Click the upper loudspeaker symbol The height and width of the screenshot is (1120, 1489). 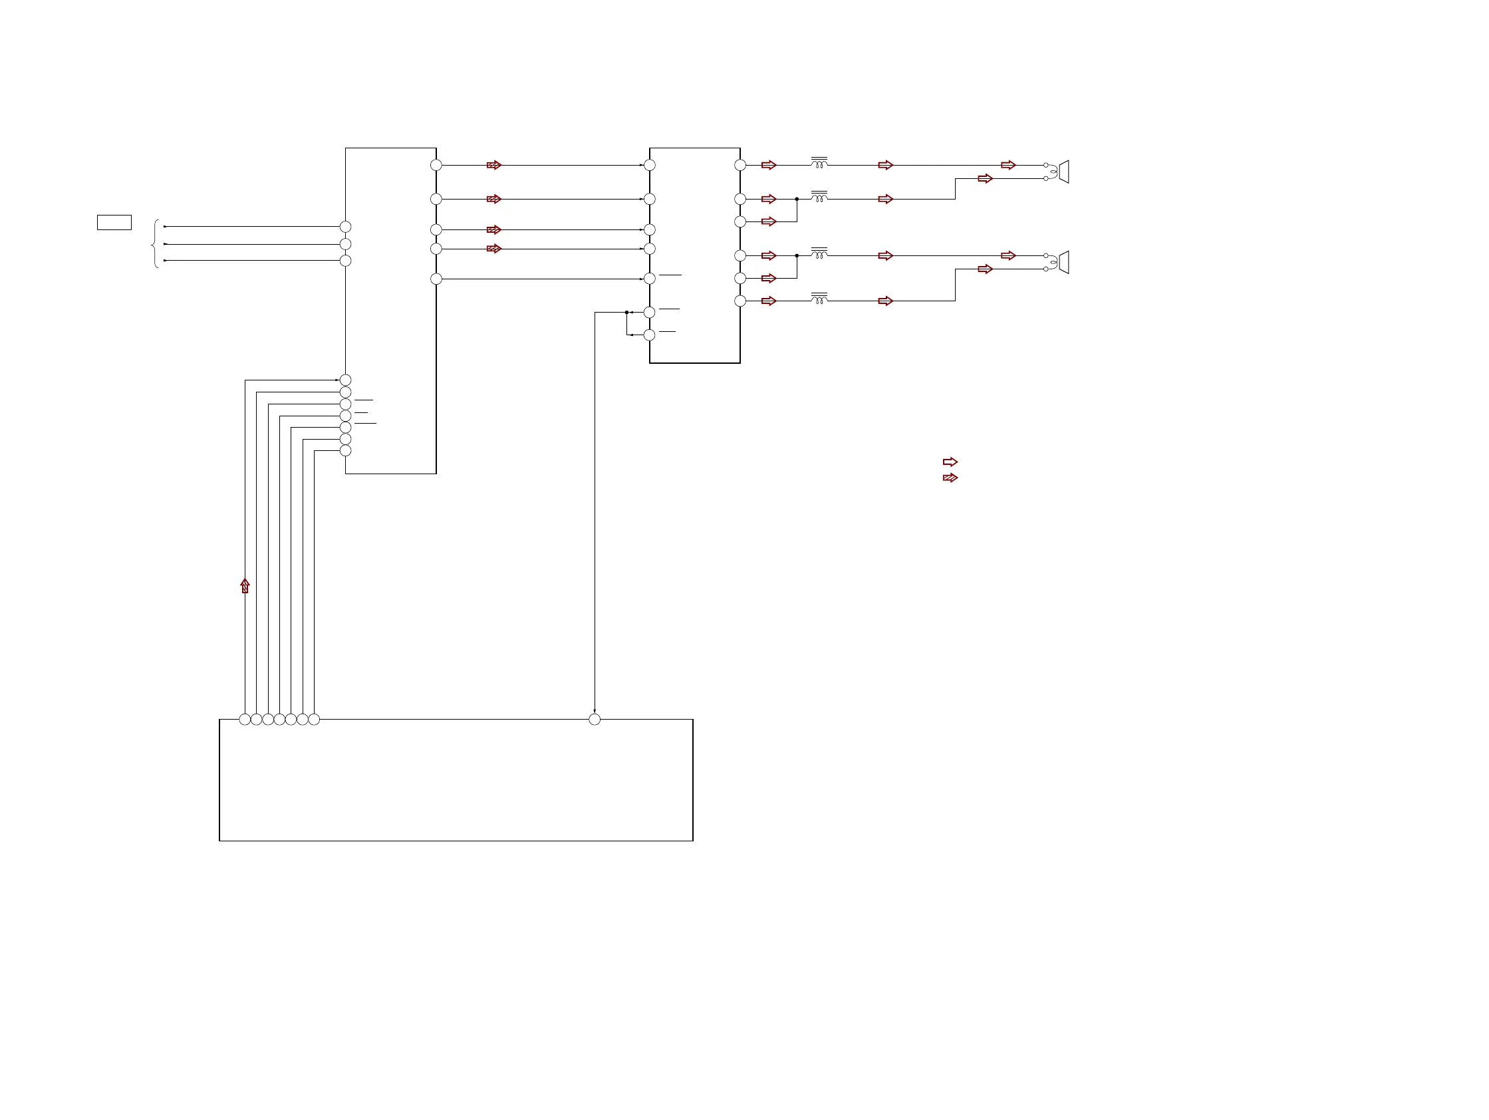click(x=1063, y=172)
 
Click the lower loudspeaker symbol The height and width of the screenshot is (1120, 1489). click(x=1063, y=262)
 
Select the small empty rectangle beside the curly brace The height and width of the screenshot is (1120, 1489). click(x=114, y=222)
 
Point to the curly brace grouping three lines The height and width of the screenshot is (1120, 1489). click(x=156, y=243)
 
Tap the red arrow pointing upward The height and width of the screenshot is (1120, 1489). click(x=245, y=585)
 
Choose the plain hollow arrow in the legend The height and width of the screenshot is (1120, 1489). click(x=950, y=462)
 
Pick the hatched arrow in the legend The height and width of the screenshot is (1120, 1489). click(x=950, y=478)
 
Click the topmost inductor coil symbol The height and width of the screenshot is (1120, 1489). click(x=819, y=163)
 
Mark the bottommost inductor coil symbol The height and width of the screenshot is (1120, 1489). click(x=819, y=298)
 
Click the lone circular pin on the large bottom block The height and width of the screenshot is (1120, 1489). click(x=595, y=720)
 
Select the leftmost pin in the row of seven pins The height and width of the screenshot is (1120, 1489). click(x=245, y=720)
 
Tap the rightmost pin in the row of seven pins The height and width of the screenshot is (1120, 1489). click(x=314, y=720)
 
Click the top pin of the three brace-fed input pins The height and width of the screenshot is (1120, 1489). click(x=345, y=227)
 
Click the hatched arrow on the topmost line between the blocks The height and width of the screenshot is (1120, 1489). click(x=494, y=165)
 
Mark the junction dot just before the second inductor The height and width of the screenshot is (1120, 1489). click(x=797, y=200)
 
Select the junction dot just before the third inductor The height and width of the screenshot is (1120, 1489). click(x=797, y=256)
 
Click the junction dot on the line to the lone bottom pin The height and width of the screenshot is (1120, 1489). click(x=626, y=313)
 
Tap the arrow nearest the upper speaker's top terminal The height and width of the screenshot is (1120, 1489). click(x=1008, y=165)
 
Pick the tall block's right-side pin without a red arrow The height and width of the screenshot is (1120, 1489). click(x=436, y=279)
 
